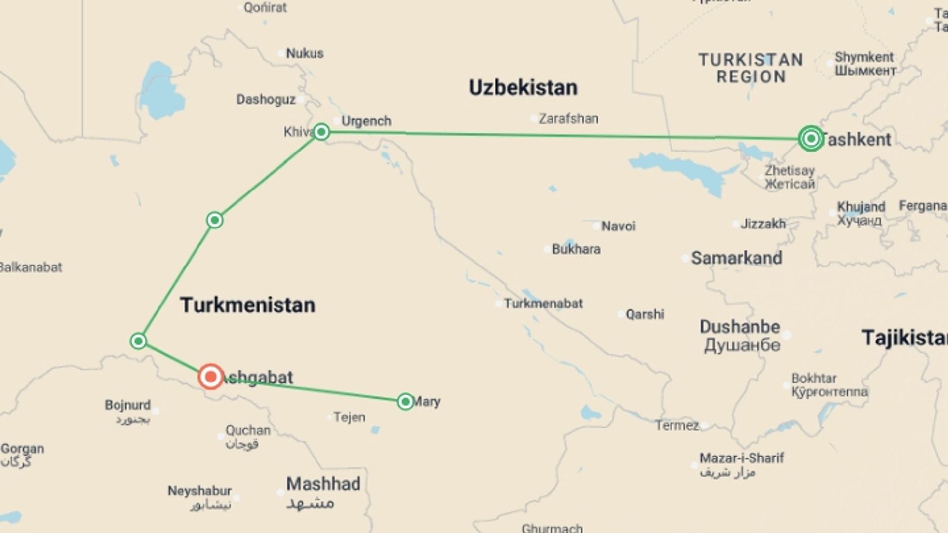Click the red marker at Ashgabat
[x=211, y=377]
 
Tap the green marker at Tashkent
[x=811, y=139]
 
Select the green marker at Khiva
[x=321, y=132]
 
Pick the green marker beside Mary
[x=405, y=402]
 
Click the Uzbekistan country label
[x=523, y=88]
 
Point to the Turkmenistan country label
[x=247, y=305]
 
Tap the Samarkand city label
[x=736, y=258]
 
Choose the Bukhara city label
[x=576, y=249]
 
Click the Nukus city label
[x=305, y=53]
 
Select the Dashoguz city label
[x=266, y=100]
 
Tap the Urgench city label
[x=366, y=121]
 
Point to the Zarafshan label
[x=568, y=119]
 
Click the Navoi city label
[x=618, y=227]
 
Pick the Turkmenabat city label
[x=543, y=304]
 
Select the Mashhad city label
[x=323, y=484]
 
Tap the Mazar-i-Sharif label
[x=742, y=458]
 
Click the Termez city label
[x=677, y=425]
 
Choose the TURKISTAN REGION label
[x=750, y=68]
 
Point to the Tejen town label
[x=350, y=418]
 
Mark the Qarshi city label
[x=644, y=314]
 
